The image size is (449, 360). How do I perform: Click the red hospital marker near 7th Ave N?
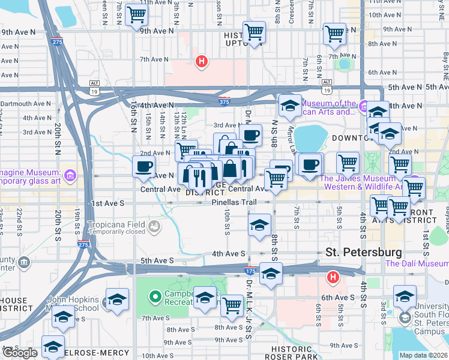pos(202,61)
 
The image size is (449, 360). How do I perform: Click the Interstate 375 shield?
pos(224,101)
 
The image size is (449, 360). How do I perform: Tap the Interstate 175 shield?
pos(252,271)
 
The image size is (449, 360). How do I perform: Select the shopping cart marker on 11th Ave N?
pos(137,14)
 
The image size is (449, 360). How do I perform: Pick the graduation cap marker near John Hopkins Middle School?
pos(117,299)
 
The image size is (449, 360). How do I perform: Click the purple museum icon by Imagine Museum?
pos(70,175)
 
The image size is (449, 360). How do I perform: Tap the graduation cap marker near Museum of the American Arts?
pos(290,106)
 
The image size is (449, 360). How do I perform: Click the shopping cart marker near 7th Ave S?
pos(232,304)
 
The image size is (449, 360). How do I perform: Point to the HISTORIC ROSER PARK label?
pos(295,353)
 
